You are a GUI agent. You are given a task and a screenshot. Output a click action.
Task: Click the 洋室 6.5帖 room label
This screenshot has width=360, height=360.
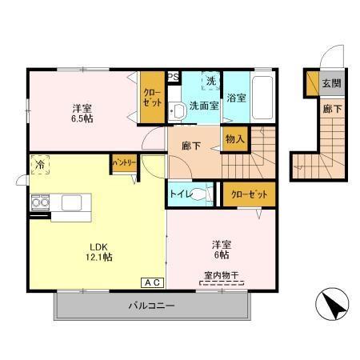click(x=79, y=114)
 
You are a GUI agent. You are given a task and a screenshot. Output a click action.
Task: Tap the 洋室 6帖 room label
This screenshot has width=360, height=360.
click(x=222, y=248)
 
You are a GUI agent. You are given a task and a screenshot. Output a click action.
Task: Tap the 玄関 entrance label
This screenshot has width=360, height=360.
click(x=330, y=82)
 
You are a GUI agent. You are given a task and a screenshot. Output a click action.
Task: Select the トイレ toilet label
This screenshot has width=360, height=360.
click(x=179, y=193)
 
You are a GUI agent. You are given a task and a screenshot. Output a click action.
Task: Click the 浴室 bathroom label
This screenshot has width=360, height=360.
click(x=236, y=98)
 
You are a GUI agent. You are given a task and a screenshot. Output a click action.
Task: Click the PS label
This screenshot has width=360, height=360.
click(x=173, y=77)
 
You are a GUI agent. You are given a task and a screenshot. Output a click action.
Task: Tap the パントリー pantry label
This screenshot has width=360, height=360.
click(x=123, y=162)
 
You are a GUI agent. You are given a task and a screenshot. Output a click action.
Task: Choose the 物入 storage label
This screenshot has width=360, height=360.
click(x=234, y=139)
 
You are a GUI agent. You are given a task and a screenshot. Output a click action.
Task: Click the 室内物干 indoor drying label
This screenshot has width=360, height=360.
click(x=222, y=276)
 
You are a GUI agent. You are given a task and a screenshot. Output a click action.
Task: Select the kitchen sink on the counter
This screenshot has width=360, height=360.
click(x=70, y=202)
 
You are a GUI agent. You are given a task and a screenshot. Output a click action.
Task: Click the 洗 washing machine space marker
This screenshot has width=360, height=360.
click(x=210, y=81)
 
